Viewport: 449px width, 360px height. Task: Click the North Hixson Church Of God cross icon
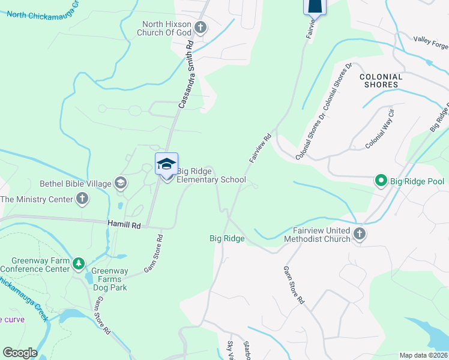[200, 28]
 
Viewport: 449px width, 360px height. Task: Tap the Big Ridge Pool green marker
[380, 180]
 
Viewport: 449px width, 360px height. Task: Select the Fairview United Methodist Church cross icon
[359, 234]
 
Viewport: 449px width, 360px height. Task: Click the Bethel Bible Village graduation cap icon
[120, 183]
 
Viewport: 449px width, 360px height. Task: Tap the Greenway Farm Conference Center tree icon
[77, 264]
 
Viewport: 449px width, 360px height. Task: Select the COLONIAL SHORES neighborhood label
[387, 80]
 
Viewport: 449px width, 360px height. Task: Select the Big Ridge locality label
[227, 238]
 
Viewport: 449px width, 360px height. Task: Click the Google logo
[20, 353]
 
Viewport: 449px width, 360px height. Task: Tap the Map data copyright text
[423, 355]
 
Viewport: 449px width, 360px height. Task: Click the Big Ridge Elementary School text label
[211, 175]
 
